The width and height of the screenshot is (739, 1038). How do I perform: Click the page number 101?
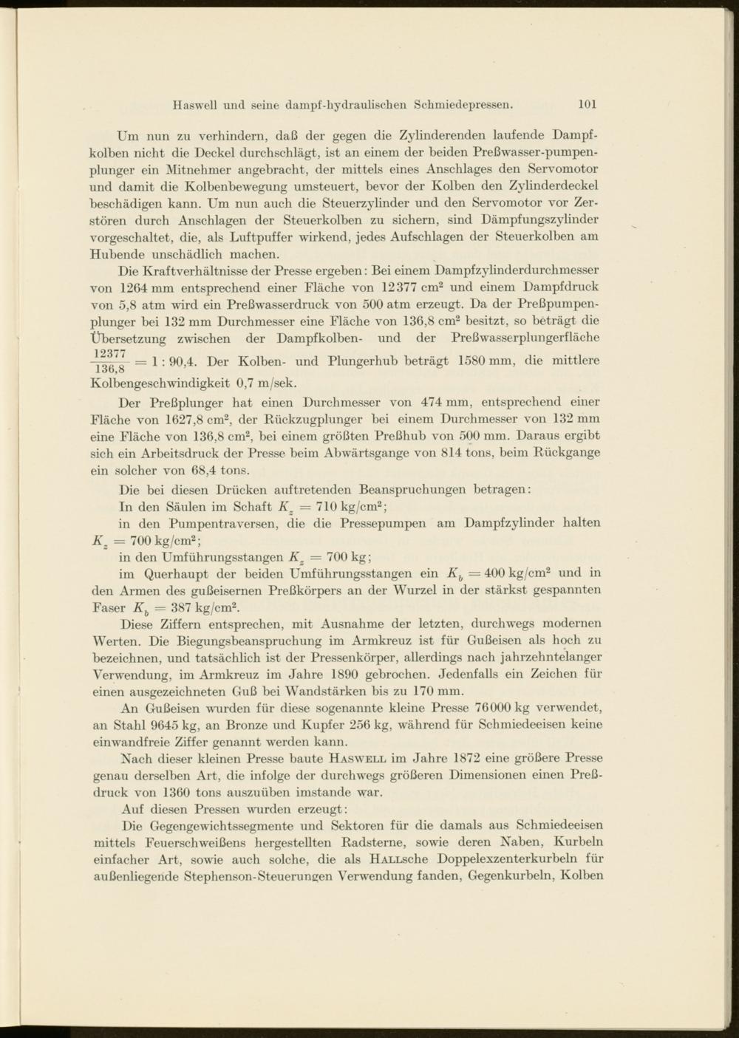[588, 104]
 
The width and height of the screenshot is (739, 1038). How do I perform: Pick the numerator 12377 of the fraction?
[109, 354]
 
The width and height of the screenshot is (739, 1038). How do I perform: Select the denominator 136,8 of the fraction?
[109, 369]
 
